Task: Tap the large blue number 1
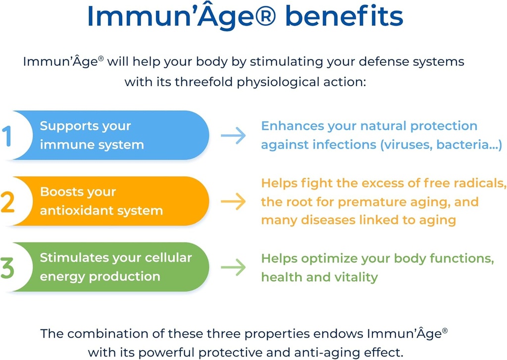coord(7,136)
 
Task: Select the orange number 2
coord(8,202)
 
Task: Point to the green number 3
coord(8,267)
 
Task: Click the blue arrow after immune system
coord(233,136)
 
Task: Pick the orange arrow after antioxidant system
coord(233,202)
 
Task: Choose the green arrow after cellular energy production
coord(233,267)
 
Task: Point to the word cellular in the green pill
coord(168,257)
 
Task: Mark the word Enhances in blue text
coord(292,126)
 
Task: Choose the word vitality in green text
coord(354,277)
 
